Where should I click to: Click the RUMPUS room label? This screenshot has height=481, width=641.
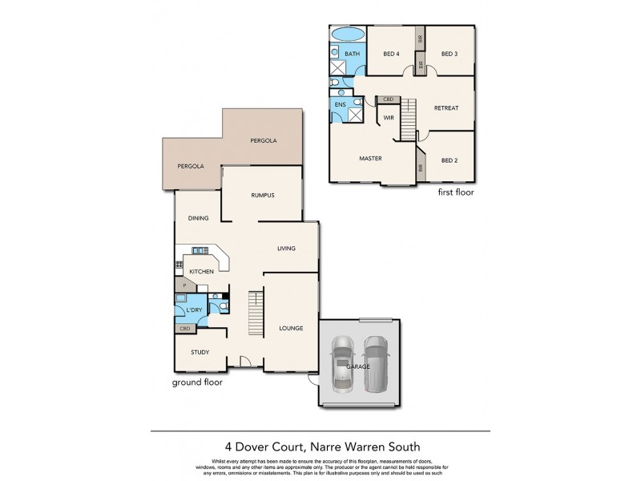tap(263, 195)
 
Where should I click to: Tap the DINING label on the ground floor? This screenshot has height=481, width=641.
tap(198, 218)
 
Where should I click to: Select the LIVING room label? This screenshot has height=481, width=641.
tap(287, 249)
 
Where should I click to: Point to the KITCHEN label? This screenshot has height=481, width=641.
tap(201, 273)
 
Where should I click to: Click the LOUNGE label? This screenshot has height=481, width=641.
tap(290, 329)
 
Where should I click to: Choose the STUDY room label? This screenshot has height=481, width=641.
tap(200, 353)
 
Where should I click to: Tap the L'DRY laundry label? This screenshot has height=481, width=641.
tap(192, 309)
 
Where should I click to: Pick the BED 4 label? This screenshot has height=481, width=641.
tap(391, 55)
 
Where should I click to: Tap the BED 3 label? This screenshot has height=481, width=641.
tap(449, 55)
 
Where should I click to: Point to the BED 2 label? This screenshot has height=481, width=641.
tap(449, 160)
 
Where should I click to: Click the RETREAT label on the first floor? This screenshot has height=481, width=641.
tap(445, 108)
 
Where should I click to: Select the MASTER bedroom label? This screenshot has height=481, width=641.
tap(370, 159)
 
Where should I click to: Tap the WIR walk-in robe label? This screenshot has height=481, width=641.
tap(389, 118)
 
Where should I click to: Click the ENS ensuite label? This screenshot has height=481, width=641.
tap(340, 105)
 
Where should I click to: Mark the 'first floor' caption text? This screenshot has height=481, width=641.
tap(455, 193)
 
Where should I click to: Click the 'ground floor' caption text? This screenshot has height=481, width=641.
tap(197, 382)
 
